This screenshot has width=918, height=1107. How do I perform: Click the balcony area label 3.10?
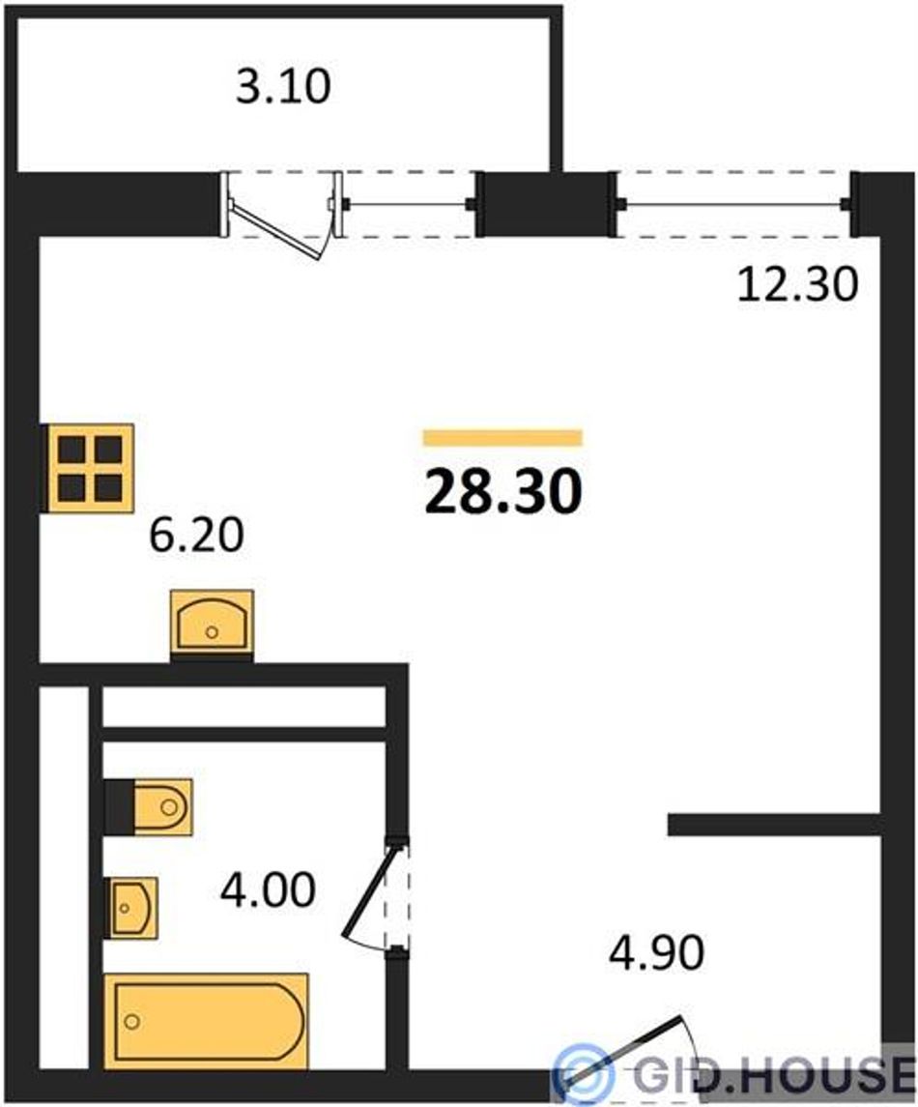[283, 86]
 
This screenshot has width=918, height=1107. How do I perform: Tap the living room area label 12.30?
[797, 284]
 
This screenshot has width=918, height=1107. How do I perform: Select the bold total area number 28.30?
[503, 491]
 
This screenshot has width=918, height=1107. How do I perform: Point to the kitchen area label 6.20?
[197, 535]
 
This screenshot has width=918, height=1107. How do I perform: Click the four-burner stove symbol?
[88, 468]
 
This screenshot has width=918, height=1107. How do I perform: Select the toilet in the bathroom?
[148, 807]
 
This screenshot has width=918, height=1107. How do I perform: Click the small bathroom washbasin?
[131, 908]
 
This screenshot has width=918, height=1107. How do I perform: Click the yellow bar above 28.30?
[503, 438]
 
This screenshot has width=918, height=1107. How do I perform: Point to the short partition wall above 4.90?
[774, 825]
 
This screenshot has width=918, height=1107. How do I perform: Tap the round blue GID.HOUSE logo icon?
[583, 1074]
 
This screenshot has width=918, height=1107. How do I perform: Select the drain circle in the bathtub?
[132, 1021]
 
